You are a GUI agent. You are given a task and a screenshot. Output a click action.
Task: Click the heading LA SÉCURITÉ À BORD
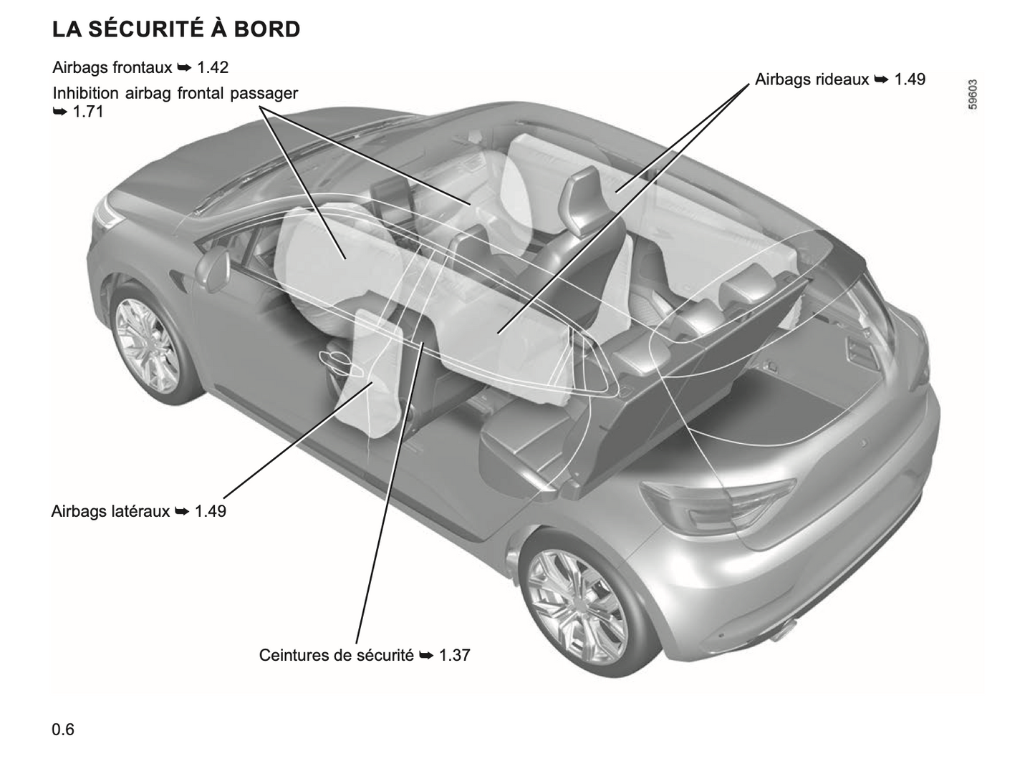click(176, 29)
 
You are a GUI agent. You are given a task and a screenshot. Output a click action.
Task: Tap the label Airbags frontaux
click(112, 67)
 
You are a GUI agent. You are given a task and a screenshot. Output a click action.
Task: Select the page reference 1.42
click(213, 67)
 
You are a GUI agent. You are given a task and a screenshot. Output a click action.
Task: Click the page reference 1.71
click(88, 112)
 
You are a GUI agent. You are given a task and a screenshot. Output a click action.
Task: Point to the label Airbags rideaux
click(812, 79)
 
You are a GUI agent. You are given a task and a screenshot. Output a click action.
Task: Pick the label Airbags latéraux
click(110, 511)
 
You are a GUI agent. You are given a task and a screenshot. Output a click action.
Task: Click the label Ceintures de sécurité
click(337, 655)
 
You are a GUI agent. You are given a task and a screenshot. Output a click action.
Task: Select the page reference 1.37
click(455, 655)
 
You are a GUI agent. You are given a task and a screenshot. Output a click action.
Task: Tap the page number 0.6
click(63, 729)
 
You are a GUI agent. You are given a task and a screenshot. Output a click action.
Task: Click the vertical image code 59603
click(973, 94)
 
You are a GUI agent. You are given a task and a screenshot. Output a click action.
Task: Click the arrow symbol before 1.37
click(426, 656)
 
